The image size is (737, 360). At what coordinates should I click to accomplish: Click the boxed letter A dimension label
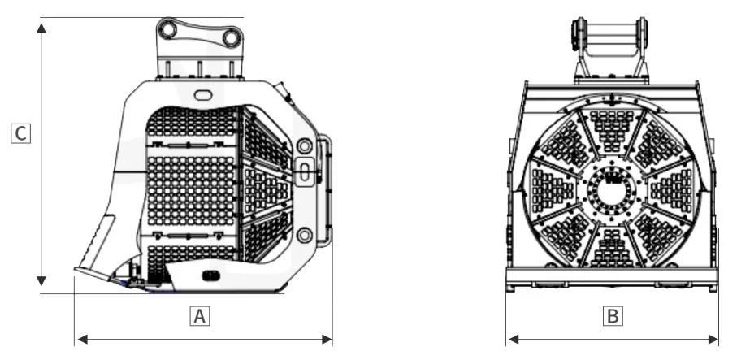point(200,316)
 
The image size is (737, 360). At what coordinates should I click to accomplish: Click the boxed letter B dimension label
point(613,316)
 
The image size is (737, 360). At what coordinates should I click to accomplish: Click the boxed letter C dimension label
point(20,133)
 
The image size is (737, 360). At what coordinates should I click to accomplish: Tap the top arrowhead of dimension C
point(41,28)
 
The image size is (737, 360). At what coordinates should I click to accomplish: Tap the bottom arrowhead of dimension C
point(41,281)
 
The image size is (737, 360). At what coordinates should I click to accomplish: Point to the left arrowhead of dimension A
point(82,340)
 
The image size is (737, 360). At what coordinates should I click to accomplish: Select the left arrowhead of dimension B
point(514,340)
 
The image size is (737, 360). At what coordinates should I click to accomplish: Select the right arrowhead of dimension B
point(713,340)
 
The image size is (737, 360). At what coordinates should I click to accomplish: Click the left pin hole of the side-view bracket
point(167,29)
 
